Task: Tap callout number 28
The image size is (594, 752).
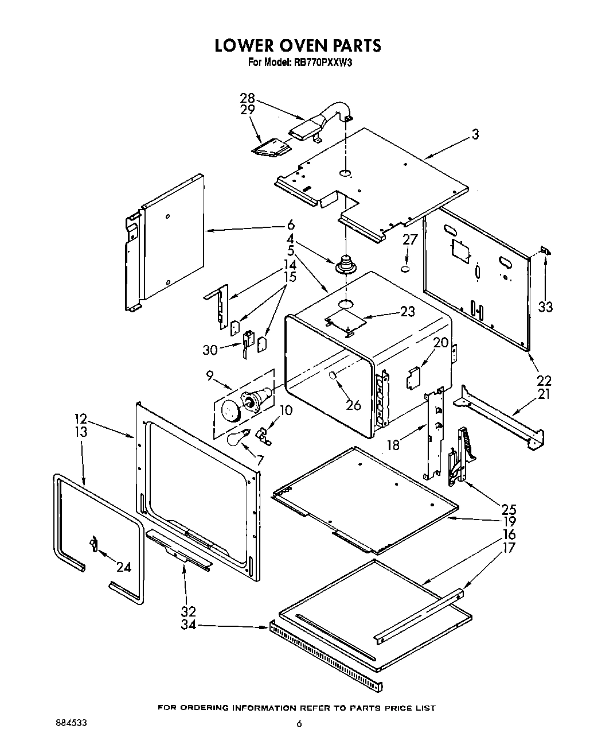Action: coord(247,98)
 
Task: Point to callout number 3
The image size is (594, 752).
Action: coord(475,134)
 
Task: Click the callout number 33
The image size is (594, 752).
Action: coord(545,307)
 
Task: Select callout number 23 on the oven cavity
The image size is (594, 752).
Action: coord(407,312)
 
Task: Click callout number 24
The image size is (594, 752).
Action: coord(123,567)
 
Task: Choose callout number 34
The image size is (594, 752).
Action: coord(188,625)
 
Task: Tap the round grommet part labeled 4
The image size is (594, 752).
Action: coord(346,266)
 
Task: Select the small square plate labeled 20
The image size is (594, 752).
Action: coord(413,379)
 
